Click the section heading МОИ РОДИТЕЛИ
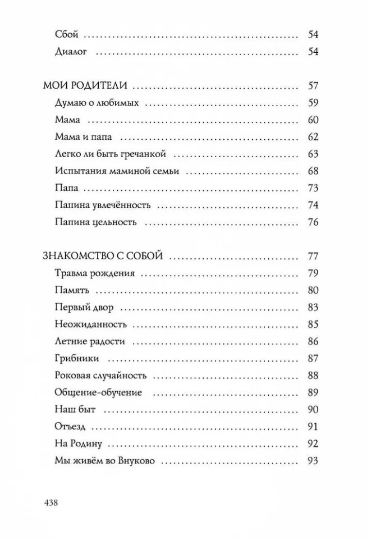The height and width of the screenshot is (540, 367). coord(86,86)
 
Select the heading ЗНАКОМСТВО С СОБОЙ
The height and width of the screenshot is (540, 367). coord(103,257)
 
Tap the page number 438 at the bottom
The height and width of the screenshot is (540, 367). coord(51,502)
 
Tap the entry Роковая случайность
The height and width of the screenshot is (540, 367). coord(102,375)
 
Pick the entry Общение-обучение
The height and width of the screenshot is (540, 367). coord(99,392)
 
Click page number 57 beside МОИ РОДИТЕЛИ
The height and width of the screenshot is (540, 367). coord(313,86)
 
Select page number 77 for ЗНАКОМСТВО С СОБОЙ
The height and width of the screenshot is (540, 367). coord(313,257)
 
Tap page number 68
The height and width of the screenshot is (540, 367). coord(313,171)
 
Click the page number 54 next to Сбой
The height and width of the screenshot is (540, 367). coord(313,35)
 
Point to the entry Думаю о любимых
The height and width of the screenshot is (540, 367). coord(97,103)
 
